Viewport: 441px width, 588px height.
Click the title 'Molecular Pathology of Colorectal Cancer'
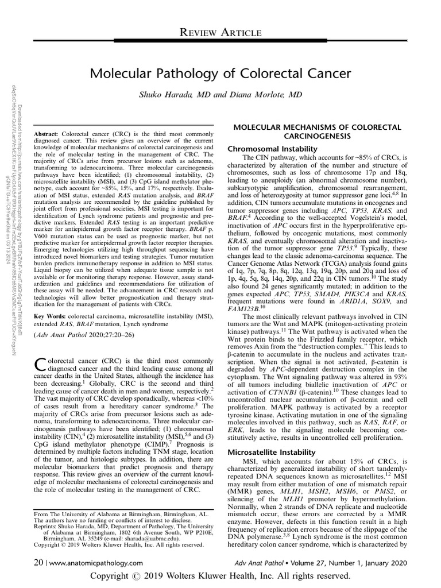pyautogui.click(x=221, y=74)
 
